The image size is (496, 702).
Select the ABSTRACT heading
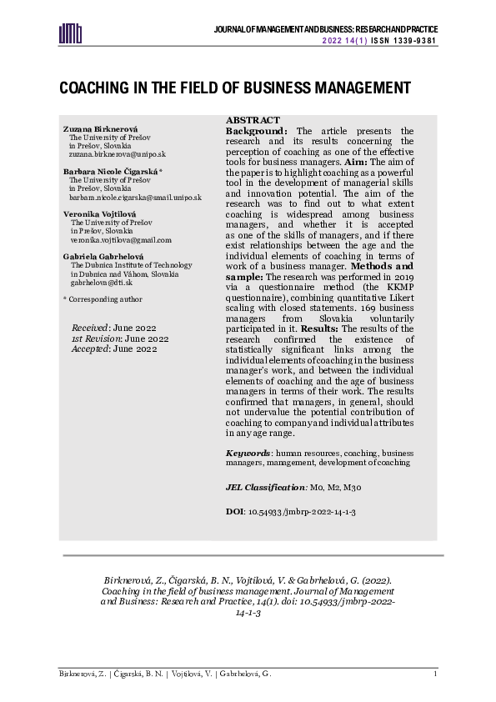pyautogui.click(x=253, y=120)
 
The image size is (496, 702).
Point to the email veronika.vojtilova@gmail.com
pyautogui.click(x=120, y=239)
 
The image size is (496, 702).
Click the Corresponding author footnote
pyautogui.click(x=96, y=298)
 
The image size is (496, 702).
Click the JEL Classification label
pyautogui.click(x=266, y=485)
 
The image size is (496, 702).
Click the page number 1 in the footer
pyautogui.click(x=434, y=673)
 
